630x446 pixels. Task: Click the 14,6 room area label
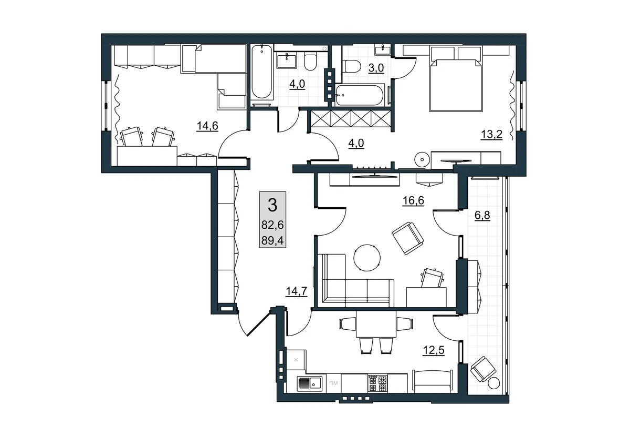coord(207,126)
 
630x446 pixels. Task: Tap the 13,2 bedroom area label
coord(491,135)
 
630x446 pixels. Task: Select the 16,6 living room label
coord(413,200)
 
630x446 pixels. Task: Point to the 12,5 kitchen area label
coord(434,350)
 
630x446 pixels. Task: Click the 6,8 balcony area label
coord(482,216)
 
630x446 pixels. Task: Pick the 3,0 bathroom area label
coord(376,68)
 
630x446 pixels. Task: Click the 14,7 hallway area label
coord(297,291)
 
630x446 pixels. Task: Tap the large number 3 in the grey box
coord(272,205)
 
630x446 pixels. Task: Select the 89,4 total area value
coord(272,241)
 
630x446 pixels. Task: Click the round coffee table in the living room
coord(367,258)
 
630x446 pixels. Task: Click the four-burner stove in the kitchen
coord(377,383)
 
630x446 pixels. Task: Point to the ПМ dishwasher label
coord(333,383)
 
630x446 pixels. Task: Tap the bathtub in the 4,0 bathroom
coord(262,72)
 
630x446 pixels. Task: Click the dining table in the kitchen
coord(376,324)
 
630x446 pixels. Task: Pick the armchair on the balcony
coord(484,369)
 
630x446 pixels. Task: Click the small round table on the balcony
coord(494,383)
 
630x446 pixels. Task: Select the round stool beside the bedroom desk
coord(422,160)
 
